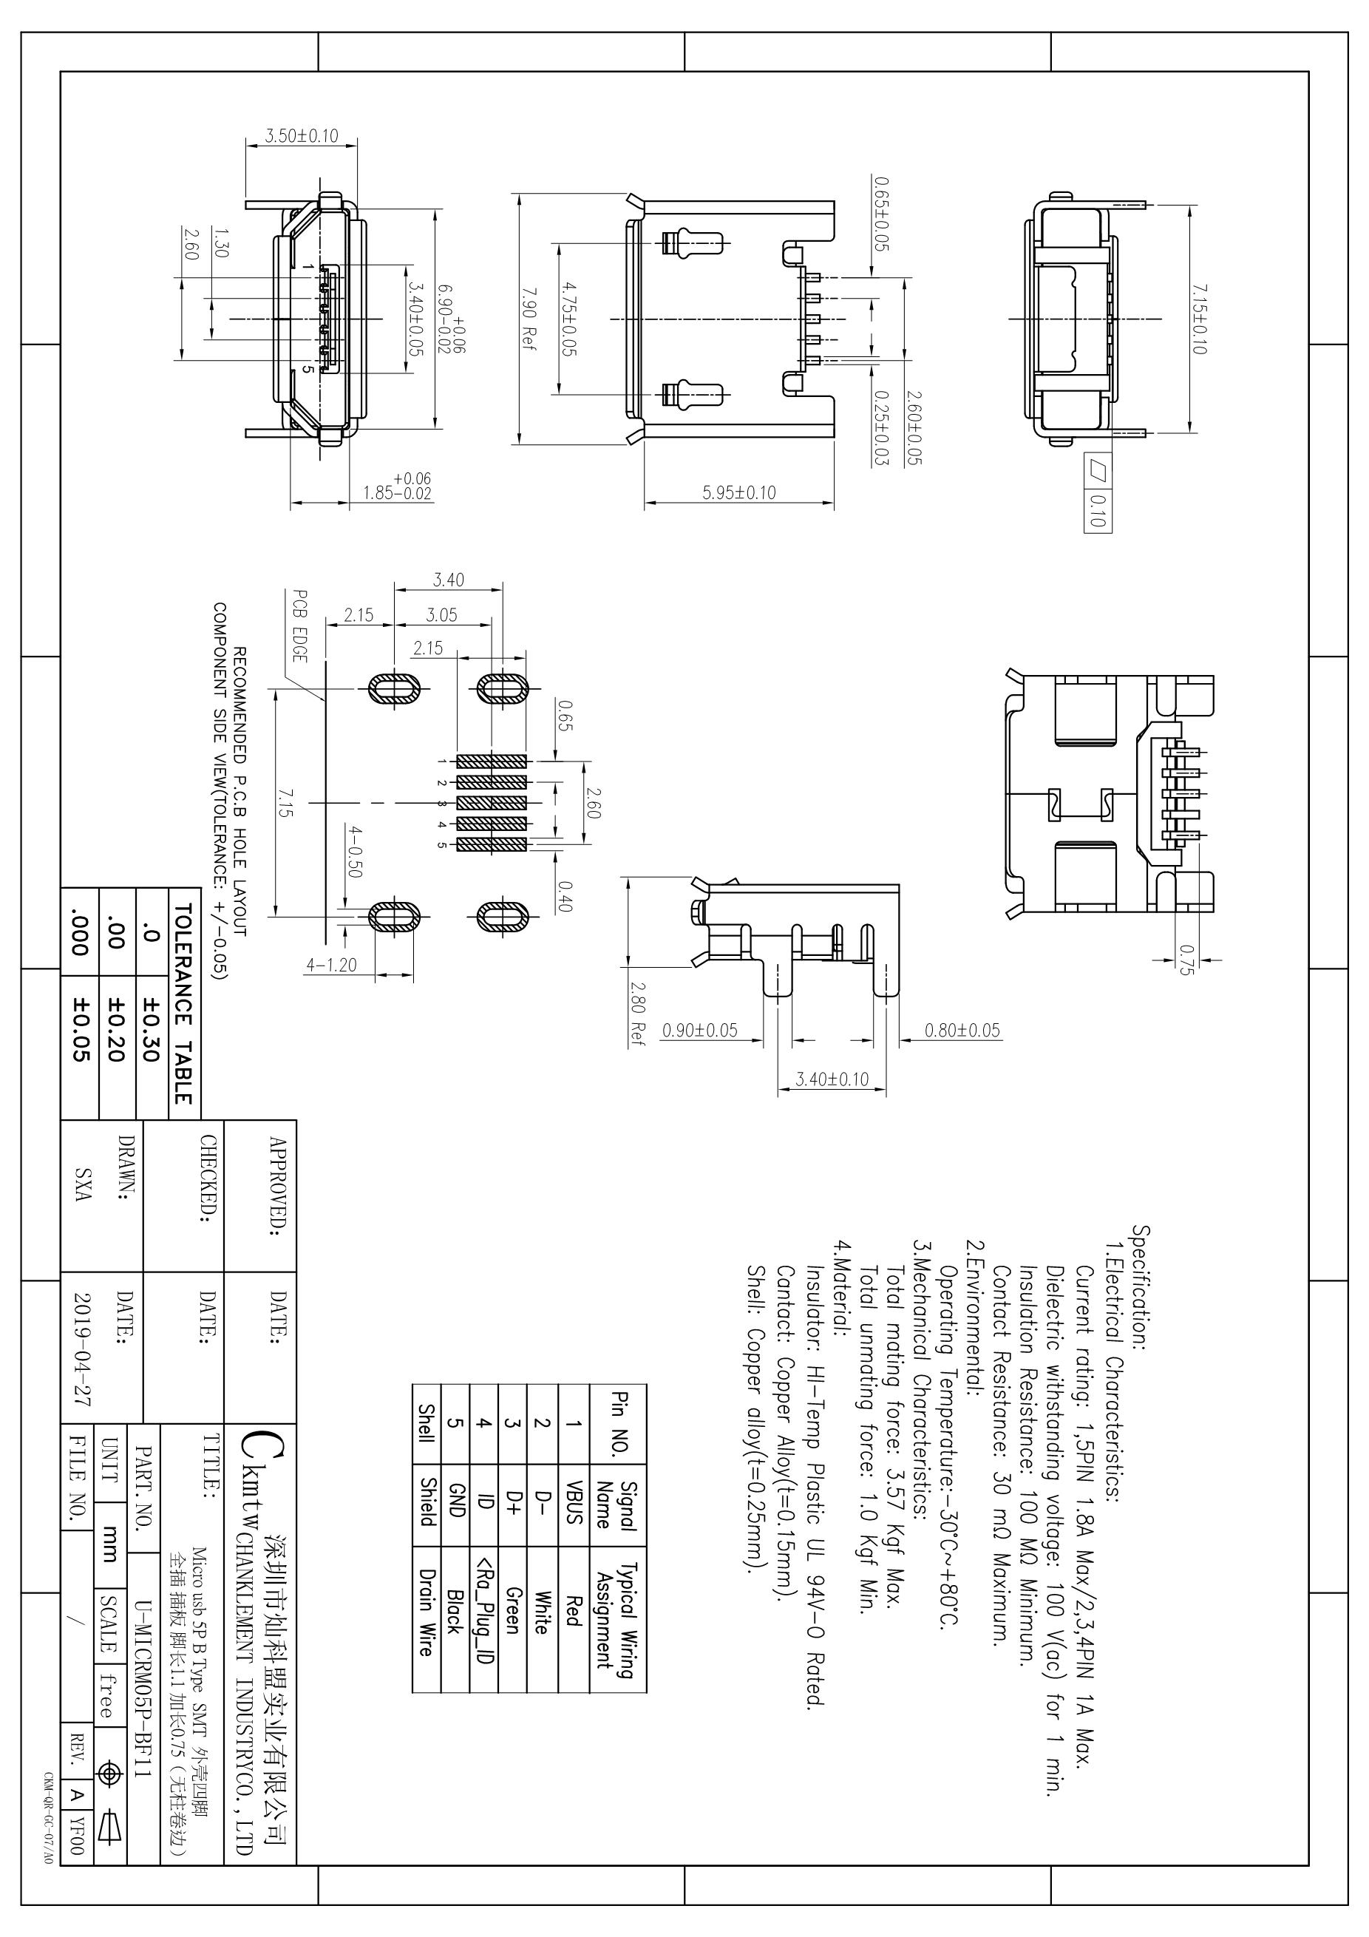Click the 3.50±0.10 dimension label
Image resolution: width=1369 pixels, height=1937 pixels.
301,135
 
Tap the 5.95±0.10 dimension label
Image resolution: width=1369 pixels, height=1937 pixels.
739,492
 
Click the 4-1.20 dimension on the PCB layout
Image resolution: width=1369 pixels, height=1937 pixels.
331,964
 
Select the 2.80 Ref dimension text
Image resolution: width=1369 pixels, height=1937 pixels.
639,1013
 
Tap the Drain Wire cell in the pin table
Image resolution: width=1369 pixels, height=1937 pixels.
427,1612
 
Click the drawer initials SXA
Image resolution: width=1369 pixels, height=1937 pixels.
83,1185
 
